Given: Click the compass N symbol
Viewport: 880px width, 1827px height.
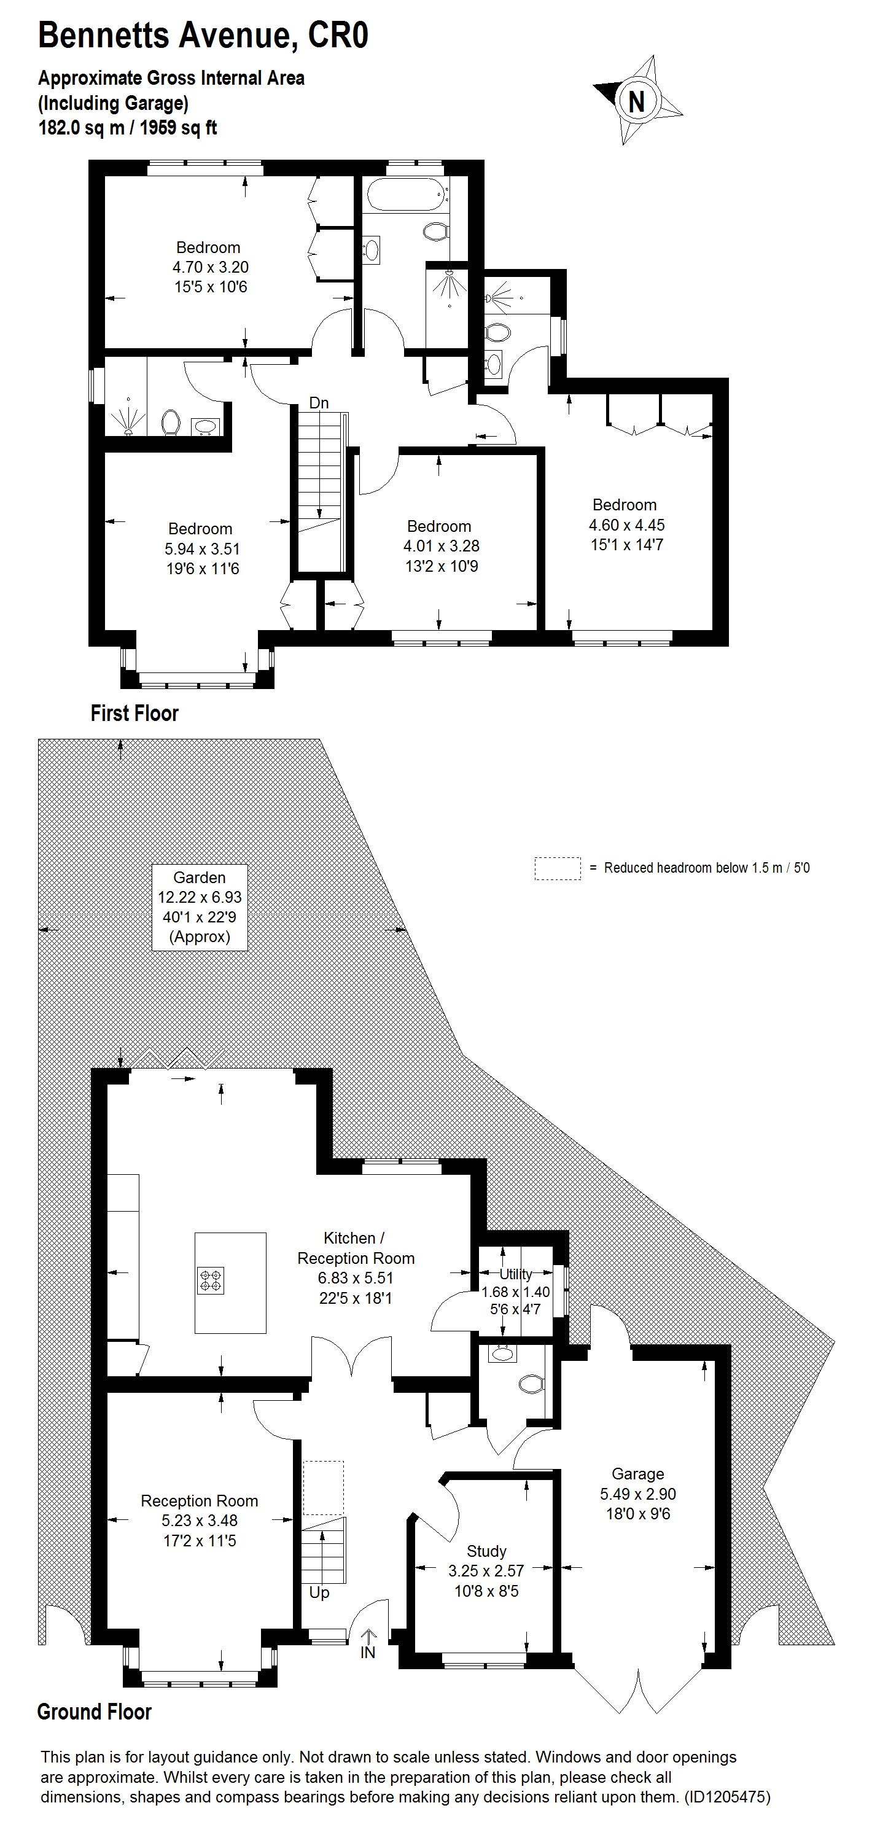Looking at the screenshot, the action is [x=637, y=101].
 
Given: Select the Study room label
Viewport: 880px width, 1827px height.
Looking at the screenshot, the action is [x=486, y=1551].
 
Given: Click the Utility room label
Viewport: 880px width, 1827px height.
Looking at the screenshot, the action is [x=515, y=1273].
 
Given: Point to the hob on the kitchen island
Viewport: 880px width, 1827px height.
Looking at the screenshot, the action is [x=211, y=1280].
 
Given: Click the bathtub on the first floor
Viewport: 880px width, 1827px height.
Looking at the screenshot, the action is [x=405, y=194].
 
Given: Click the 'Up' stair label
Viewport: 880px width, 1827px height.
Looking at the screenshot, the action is [x=319, y=1592].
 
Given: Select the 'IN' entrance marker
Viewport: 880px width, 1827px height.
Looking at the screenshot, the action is [x=368, y=1652].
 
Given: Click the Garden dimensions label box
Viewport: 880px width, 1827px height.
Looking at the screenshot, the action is [x=200, y=907].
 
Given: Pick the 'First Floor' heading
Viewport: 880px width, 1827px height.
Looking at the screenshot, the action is [x=134, y=713].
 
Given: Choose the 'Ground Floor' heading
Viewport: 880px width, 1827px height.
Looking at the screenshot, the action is [x=95, y=1712].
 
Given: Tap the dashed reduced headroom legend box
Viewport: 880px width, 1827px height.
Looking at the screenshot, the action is [x=558, y=868].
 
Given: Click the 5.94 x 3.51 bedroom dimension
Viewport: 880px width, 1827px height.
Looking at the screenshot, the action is [x=202, y=549].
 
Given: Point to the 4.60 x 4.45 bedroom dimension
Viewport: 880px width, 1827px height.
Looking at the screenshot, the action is [x=627, y=525].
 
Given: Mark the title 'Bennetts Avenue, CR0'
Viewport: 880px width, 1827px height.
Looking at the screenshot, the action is [x=203, y=36].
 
